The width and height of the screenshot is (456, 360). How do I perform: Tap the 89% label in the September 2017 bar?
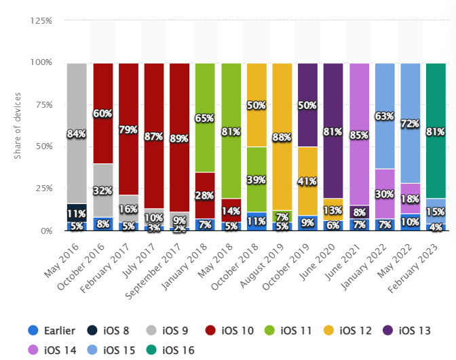[180, 138]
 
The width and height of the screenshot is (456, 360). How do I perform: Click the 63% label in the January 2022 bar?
[385, 116]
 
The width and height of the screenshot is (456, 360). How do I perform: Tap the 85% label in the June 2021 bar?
[359, 134]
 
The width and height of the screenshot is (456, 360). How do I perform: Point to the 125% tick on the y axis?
[41, 21]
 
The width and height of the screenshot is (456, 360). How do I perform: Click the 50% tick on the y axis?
[43, 146]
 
